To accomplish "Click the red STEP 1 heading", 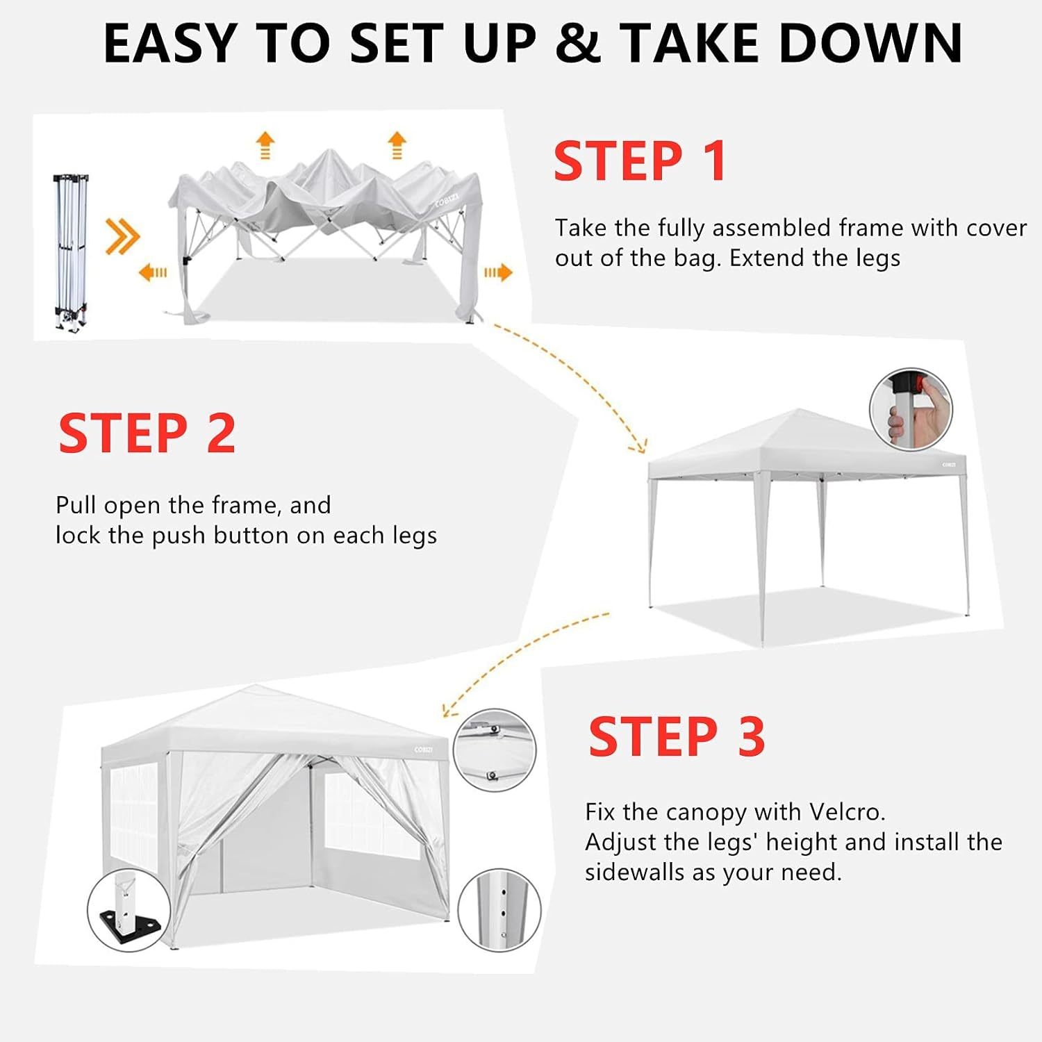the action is (640, 161).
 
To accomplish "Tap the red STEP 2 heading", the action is (147, 433).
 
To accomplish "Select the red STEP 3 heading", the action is (677, 736).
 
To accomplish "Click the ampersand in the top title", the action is (578, 44).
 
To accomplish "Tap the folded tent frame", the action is (71, 252).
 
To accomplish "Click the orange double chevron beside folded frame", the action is (122, 236).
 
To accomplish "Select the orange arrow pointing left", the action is (153, 272).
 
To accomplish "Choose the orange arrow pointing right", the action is (498, 272).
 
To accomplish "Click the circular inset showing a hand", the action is (911, 410).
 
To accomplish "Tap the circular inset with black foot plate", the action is (129, 910).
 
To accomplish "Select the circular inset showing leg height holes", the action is (499, 910).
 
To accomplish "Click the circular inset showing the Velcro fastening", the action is (495, 750).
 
